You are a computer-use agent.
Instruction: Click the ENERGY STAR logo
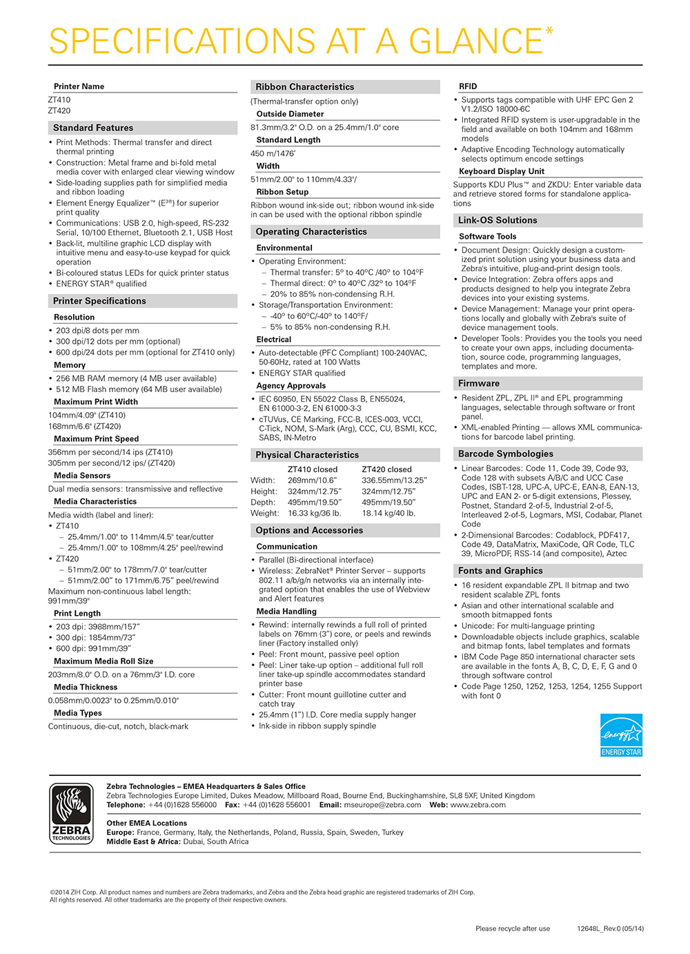(621, 735)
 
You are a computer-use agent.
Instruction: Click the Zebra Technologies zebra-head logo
(71, 813)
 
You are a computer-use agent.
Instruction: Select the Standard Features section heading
(93, 128)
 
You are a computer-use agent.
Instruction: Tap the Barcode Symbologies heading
(505, 454)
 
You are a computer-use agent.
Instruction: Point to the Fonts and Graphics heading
(500, 571)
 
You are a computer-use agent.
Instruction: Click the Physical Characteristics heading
(307, 455)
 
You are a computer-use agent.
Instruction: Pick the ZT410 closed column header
(313, 469)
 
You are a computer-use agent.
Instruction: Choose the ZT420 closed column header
(386, 469)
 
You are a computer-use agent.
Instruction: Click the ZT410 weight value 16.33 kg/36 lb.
(314, 513)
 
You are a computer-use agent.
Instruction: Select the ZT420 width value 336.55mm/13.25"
(394, 480)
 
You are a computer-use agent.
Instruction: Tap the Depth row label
(263, 503)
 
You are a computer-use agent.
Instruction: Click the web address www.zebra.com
(477, 805)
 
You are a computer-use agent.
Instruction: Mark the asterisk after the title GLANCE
(549, 31)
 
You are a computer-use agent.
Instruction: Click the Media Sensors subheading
(82, 476)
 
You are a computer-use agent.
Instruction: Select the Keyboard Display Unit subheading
(502, 171)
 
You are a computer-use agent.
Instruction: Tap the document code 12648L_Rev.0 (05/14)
(610, 928)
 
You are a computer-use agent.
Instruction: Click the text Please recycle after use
(513, 928)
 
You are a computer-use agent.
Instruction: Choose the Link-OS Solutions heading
(497, 220)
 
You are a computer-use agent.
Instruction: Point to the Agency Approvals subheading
(291, 386)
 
